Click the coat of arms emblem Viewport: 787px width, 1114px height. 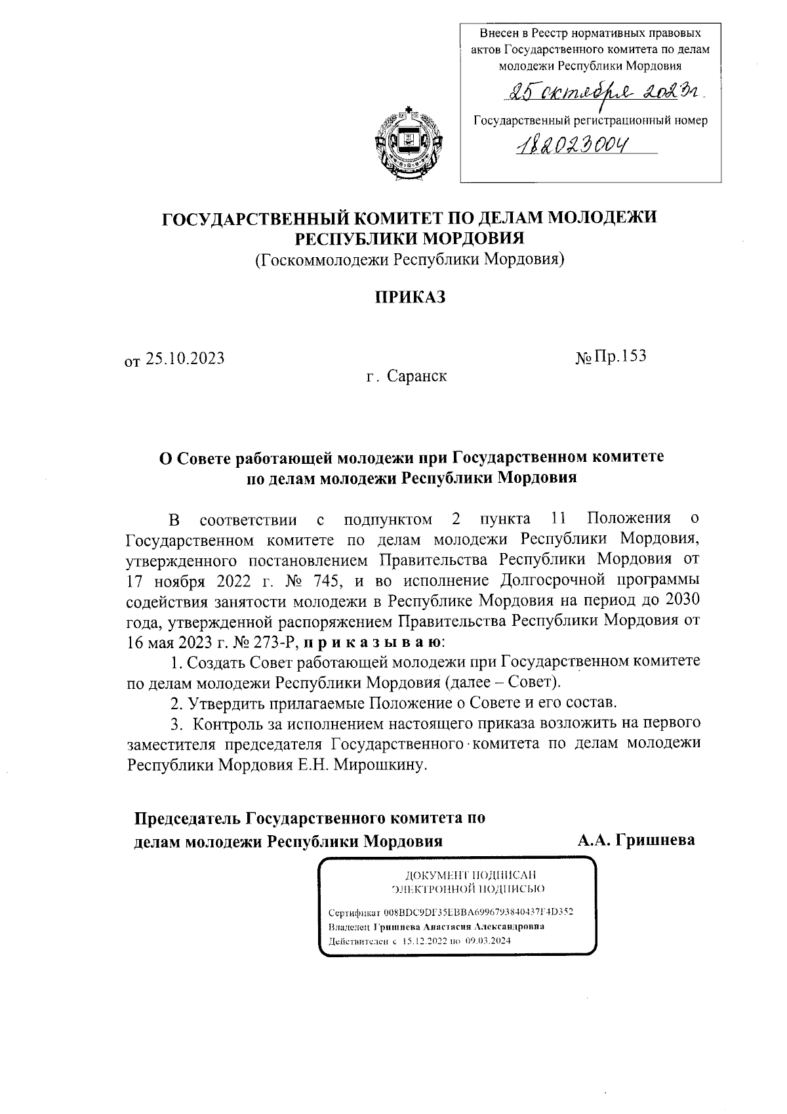409,138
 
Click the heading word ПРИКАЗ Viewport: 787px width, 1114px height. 410,297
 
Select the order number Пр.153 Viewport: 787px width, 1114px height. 620,356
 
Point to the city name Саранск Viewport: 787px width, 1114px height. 416,377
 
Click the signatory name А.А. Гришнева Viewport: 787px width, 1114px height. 636,840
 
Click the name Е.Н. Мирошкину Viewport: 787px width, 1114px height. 381,765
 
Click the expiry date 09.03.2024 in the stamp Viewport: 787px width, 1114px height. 488,940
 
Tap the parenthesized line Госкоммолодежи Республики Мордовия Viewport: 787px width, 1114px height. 410,260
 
